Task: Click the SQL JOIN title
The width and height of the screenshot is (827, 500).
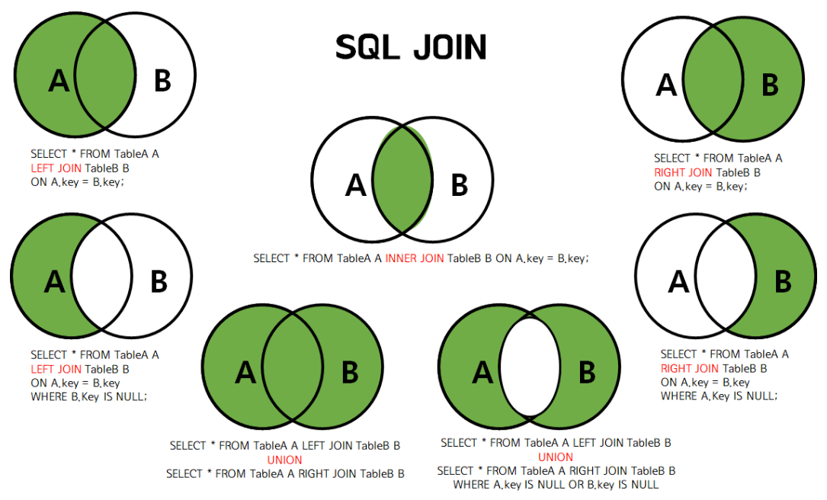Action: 411,47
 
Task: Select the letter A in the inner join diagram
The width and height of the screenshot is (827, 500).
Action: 355,185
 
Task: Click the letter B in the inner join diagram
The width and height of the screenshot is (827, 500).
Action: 459,185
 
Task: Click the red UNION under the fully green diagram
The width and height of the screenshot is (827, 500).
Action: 284,460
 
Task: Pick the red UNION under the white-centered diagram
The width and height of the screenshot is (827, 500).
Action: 556,457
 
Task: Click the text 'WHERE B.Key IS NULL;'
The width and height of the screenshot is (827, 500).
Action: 88,396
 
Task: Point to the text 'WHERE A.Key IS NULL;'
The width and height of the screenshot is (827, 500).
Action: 719,396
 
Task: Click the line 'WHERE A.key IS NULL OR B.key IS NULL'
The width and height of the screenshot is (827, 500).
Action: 556,484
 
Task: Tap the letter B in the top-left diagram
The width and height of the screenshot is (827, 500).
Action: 162,80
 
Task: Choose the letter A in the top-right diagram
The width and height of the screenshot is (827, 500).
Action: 666,85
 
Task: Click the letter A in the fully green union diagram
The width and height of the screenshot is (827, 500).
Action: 245,373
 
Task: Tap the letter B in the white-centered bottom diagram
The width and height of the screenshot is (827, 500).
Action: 587,373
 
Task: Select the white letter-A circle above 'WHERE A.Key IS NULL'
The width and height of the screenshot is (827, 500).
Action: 671,281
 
